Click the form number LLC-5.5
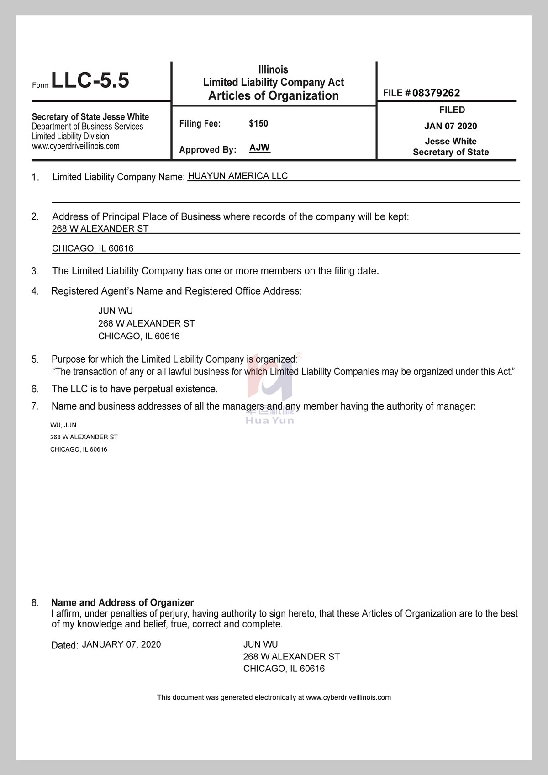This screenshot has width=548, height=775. [x=90, y=80]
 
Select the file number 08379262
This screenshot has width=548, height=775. [x=436, y=93]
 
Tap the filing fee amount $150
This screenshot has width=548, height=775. [x=258, y=123]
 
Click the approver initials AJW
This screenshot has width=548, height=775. [x=259, y=148]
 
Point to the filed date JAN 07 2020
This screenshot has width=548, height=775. [x=450, y=126]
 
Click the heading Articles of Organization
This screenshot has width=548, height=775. [x=274, y=95]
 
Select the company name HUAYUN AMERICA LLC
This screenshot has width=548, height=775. [x=238, y=176]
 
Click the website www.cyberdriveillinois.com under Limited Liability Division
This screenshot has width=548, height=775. [x=76, y=146]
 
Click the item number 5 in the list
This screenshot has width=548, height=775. [x=35, y=359]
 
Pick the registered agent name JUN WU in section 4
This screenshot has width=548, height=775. [x=116, y=311]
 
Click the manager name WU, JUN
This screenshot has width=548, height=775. [x=63, y=425]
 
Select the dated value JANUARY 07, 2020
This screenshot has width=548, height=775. [x=121, y=644]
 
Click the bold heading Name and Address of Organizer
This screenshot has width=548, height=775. [x=122, y=603]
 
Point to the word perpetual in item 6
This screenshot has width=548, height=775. [x=145, y=389]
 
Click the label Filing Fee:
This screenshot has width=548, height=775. [x=200, y=124]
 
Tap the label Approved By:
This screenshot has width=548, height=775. [x=208, y=150]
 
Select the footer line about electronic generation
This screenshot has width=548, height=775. [x=274, y=697]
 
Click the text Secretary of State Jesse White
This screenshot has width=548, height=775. [x=90, y=117]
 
